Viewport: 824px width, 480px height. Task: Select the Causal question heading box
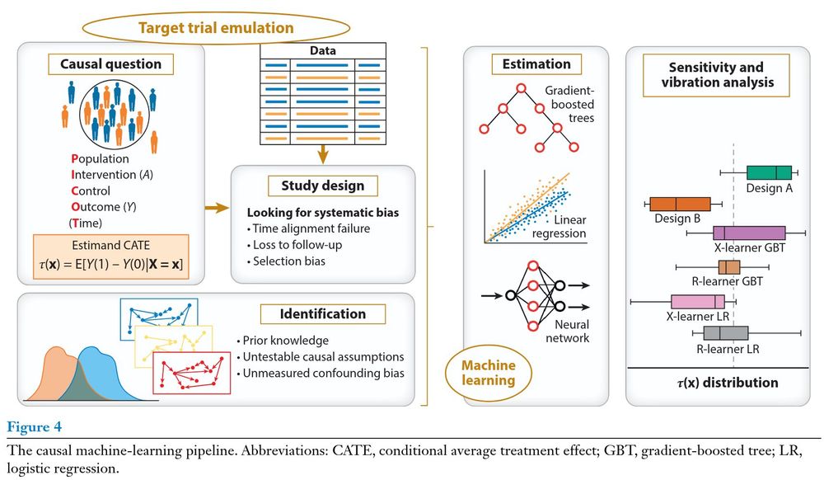(111, 64)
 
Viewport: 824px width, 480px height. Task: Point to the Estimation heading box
(536, 64)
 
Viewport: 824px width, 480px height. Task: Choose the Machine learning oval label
(487, 373)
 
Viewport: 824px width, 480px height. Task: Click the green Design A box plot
(769, 172)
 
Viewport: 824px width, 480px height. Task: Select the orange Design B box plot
(680, 204)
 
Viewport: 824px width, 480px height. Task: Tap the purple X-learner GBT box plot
(749, 233)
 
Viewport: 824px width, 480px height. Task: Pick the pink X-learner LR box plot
(698, 302)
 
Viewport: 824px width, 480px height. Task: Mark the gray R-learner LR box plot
(726, 333)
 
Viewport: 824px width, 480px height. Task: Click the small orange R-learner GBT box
(729, 267)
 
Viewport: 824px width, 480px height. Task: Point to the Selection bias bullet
(283, 261)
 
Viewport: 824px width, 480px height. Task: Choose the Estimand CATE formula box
(111, 254)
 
